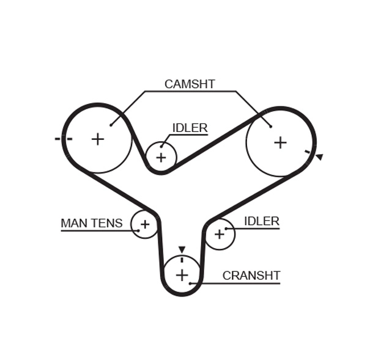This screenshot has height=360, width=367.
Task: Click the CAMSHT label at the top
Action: [x=190, y=84]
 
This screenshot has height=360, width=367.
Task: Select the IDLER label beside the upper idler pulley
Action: [x=190, y=128]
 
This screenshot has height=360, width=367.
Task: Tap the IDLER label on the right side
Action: [x=261, y=221]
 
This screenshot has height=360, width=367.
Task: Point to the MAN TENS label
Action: [x=91, y=224]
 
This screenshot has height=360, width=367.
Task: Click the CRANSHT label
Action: [x=251, y=276]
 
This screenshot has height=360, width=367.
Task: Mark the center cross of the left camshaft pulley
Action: [x=98, y=139]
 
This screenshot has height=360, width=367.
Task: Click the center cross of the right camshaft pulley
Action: [x=280, y=142]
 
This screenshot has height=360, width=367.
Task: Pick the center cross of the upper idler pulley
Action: [x=161, y=158]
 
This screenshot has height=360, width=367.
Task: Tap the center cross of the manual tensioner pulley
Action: [x=145, y=224]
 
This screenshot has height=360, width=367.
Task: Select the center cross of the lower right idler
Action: [x=219, y=234]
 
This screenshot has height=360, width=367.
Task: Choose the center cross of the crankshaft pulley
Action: [x=182, y=275]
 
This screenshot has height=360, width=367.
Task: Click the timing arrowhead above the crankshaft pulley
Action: [x=182, y=249]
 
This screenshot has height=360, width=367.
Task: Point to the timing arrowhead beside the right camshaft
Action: [x=319, y=157]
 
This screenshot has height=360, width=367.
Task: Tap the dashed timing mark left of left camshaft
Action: [x=63, y=139]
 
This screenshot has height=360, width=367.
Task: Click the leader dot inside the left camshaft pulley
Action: [x=111, y=125]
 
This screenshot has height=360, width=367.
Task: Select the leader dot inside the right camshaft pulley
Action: [x=270, y=127]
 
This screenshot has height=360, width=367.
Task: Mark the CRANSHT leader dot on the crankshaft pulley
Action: [x=190, y=283]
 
